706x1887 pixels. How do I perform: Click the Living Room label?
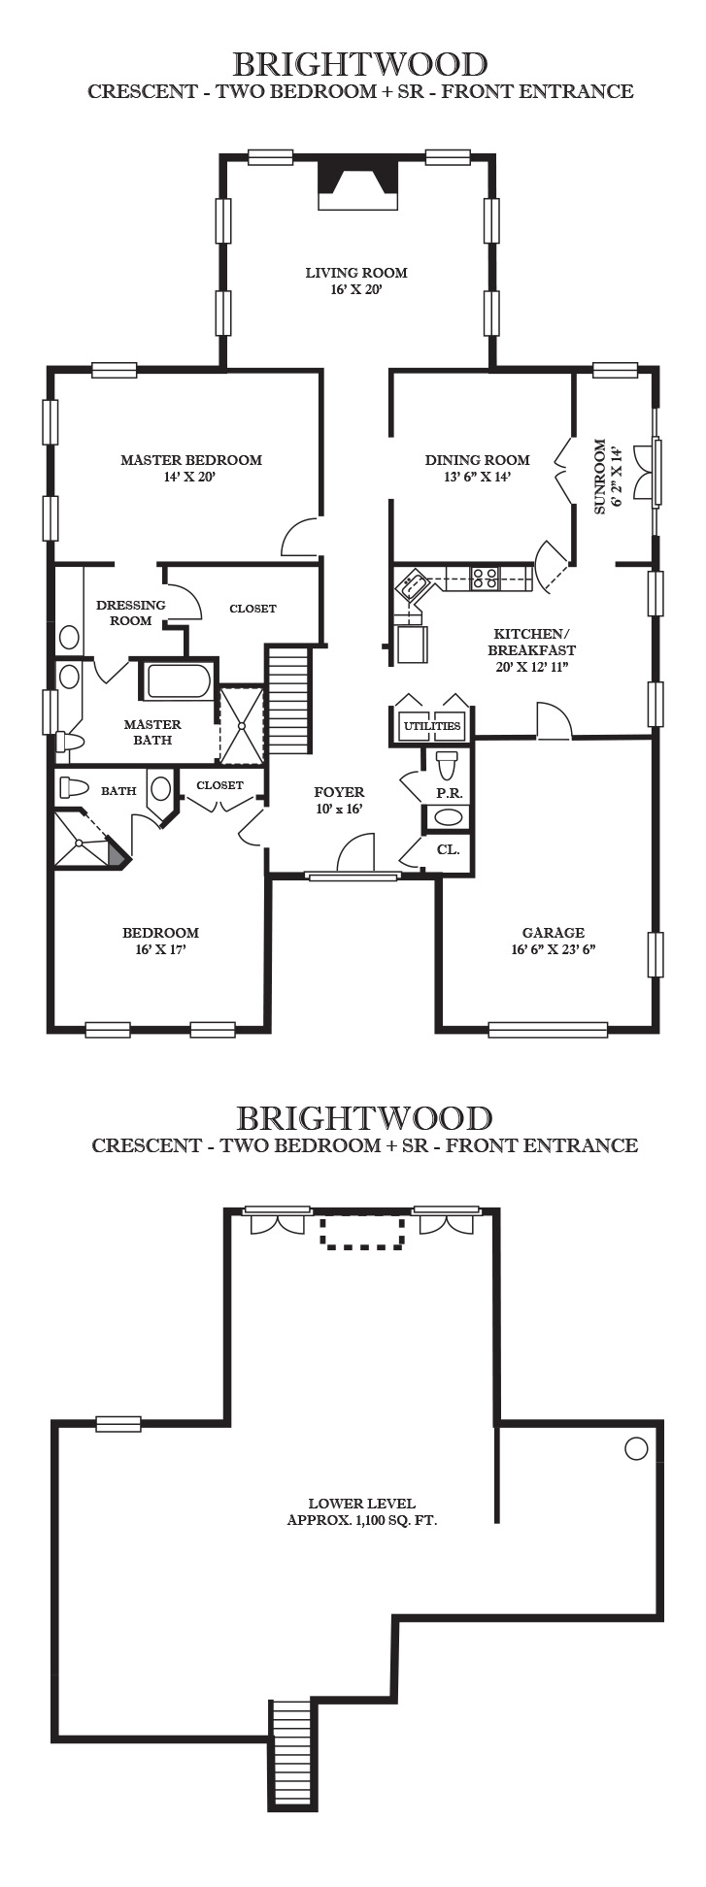pyautogui.click(x=356, y=281)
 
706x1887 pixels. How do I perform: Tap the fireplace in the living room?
pyautogui.click(x=358, y=182)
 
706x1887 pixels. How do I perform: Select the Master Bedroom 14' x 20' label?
pyautogui.click(x=190, y=468)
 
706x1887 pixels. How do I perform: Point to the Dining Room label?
pyautogui.click(x=477, y=468)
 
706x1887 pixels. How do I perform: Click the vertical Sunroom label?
pyautogui.click(x=606, y=477)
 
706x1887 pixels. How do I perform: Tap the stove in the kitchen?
pyautogui.click(x=485, y=579)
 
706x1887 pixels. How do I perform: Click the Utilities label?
pyautogui.click(x=432, y=726)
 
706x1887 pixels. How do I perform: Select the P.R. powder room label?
pyautogui.click(x=449, y=793)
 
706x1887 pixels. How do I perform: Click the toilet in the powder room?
pyautogui.click(x=447, y=765)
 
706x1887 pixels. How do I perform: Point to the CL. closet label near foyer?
pyautogui.click(x=448, y=849)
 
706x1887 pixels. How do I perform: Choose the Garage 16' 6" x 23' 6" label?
pyautogui.click(x=553, y=941)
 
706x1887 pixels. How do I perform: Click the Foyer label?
pyautogui.click(x=339, y=801)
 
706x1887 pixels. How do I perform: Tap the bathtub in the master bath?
pyautogui.click(x=178, y=680)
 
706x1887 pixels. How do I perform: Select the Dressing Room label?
pyautogui.click(x=131, y=612)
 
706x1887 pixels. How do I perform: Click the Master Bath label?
pyautogui.click(x=152, y=732)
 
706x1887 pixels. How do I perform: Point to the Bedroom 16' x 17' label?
pyautogui.click(x=160, y=941)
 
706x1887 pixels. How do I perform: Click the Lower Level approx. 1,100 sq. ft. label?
pyautogui.click(x=362, y=1511)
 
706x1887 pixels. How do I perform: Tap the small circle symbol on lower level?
pyautogui.click(x=636, y=1449)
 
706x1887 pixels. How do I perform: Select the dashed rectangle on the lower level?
pyautogui.click(x=363, y=1233)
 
